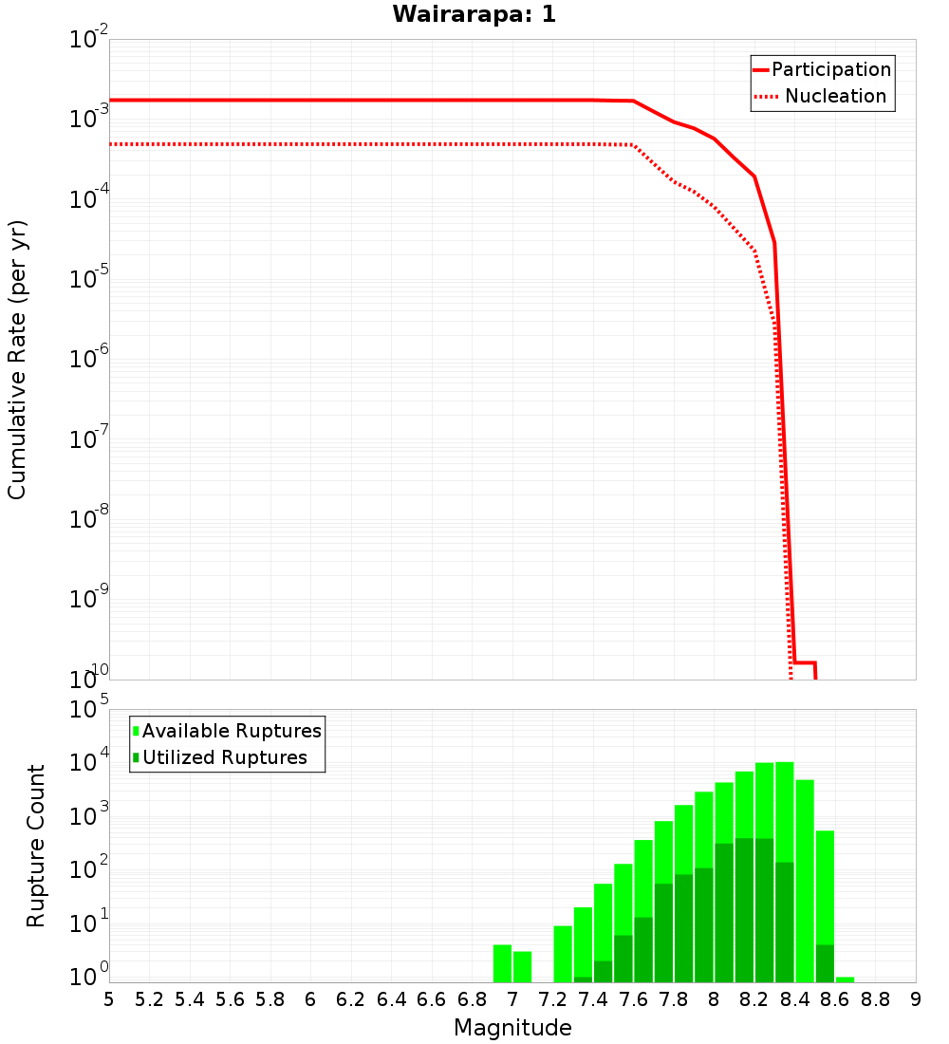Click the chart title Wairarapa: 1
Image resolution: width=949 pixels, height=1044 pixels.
[x=474, y=14]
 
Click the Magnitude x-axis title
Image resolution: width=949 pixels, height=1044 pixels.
[x=512, y=1028]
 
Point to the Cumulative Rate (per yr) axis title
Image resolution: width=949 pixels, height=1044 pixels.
[x=17, y=359]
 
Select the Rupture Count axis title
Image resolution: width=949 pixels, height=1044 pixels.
[x=36, y=846]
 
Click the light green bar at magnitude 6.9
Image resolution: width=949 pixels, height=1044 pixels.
[x=502, y=963]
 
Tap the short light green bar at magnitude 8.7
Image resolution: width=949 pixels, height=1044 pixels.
[x=845, y=979]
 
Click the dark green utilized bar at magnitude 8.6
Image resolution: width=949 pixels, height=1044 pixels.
[x=825, y=963]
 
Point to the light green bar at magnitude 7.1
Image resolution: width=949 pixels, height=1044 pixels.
[x=522, y=966]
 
